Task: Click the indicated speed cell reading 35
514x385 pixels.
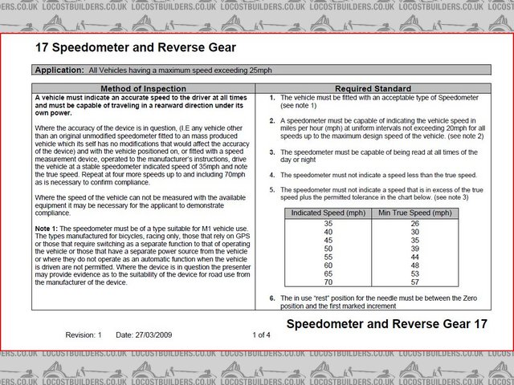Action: [328, 223]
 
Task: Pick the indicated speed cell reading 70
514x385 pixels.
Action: [328, 282]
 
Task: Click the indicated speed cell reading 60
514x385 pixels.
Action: [328, 265]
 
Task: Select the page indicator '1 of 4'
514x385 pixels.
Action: [262, 334]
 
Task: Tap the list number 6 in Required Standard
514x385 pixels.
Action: [271, 298]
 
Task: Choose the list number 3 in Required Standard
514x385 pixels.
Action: [271, 151]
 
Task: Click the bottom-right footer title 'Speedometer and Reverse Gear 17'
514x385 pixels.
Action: [386, 325]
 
